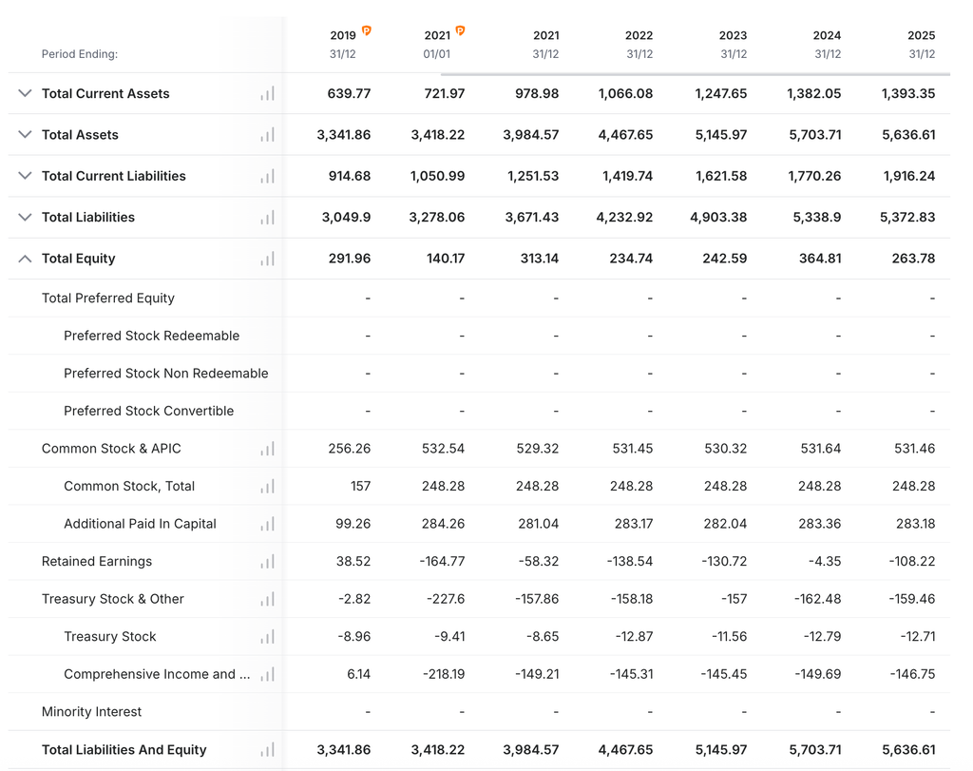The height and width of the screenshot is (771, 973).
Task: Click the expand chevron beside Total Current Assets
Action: [25, 93]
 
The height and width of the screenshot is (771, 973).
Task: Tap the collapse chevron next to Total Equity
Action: [25, 259]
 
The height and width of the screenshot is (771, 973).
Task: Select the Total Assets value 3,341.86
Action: [344, 135]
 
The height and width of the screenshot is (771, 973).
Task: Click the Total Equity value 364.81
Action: [820, 259]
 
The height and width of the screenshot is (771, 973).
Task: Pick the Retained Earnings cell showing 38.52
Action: [353, 561]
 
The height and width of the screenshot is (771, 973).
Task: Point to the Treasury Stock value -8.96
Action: [353, 636]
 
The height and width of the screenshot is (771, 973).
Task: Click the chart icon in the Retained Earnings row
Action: [267, 562]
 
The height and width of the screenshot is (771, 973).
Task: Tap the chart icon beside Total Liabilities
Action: [267, 218]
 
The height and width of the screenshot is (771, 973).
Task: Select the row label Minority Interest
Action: [91, 711]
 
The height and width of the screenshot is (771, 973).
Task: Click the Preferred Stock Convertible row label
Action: [149, 411]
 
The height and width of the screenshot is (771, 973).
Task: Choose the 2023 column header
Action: [733, 35]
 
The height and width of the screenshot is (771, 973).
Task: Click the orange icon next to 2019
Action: [367, 30]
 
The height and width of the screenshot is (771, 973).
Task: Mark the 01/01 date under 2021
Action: [437, 54]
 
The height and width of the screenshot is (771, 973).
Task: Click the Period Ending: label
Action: [80, 54]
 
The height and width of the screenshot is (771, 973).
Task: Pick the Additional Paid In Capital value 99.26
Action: [353, 524]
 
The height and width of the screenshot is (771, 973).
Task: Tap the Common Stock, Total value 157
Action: [360, 486]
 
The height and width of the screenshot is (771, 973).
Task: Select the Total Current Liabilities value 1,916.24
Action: [909, 176]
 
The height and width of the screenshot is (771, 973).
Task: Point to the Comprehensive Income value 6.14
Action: [358, 674]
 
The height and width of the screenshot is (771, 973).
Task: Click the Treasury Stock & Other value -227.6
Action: [446, 599]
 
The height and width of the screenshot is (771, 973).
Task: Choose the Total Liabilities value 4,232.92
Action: [624, 218]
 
